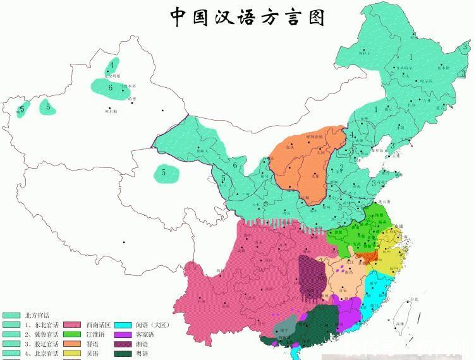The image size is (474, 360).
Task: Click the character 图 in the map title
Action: pyautogui.click(x=314, y=17)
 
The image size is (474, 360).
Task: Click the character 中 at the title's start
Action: pyautogui.click(x=180, y=17)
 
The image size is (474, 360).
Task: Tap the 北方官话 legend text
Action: pyautogui.click(x=37, y=315)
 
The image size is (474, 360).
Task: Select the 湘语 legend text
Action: pyautogui.click(x=143, y=344)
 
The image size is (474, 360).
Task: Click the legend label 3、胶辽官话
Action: pyautogui.click(x=41, y=344)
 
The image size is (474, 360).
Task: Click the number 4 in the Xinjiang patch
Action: pyautogui.click(x=112, y=64)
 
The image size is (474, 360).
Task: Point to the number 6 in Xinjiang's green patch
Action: pyautogui.click(x=110, y=87)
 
